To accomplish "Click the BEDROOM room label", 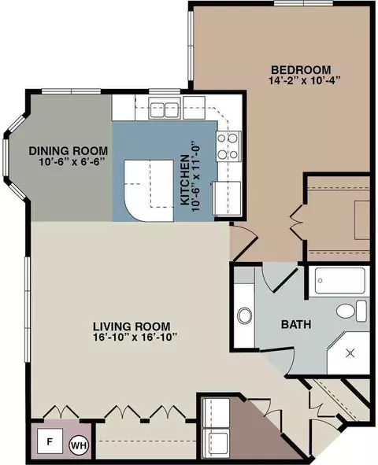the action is click(301, 70).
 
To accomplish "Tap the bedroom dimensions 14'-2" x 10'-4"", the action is click(304, 80).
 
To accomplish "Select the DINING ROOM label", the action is click(69, 150).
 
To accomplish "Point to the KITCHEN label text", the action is click(185, 179).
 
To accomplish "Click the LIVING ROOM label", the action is click(132, 327).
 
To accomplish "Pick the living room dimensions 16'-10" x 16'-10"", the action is click(135, 338).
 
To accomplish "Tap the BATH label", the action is click(296, 324).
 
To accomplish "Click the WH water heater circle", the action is click(80, 445).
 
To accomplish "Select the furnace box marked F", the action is click(50, 441).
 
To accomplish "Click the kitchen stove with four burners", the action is click(228, 146).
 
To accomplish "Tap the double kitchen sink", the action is click(165, 110).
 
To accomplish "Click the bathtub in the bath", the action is click(339, 281).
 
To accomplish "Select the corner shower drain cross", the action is click(350, 353).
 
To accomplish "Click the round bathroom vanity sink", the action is click(244, 316).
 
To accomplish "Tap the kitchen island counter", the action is click(148, 190).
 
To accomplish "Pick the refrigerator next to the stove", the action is click(228, 199).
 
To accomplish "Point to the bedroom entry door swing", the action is click(244, 242).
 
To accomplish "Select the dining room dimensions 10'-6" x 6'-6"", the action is click(72, 162).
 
